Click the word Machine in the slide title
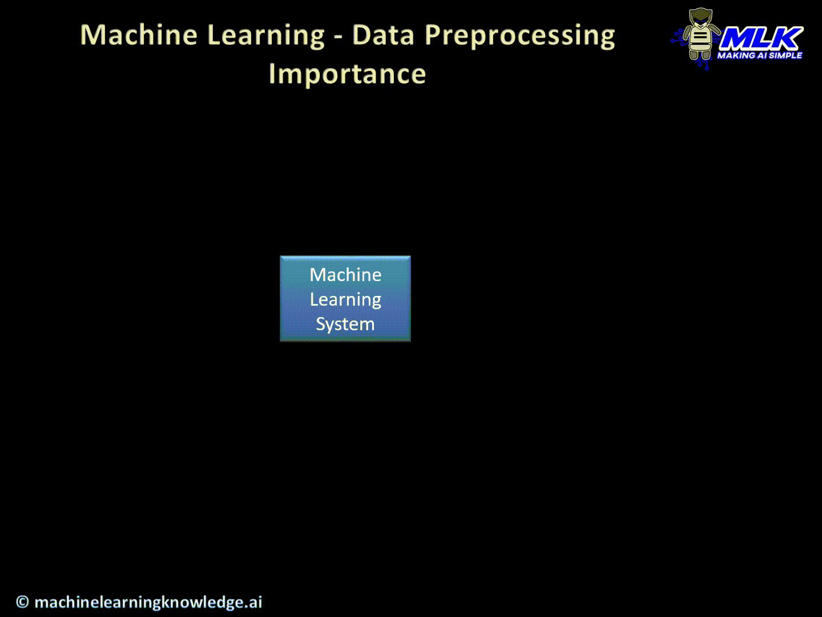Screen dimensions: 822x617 (139, 35)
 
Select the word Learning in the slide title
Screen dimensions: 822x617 (266, 37)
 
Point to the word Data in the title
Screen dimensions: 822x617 (384, 35)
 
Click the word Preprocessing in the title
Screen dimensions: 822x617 (520, 37)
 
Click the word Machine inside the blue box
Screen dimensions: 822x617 (346, 275)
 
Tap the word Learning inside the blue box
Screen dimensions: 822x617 (346, 300)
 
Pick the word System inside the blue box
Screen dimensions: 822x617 (345, 324)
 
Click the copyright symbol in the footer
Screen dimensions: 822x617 (22, 602)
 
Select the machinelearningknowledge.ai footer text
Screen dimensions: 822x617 (148, 602)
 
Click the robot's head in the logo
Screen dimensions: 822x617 (700, 18)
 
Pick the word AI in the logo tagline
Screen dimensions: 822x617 (761, 55)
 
